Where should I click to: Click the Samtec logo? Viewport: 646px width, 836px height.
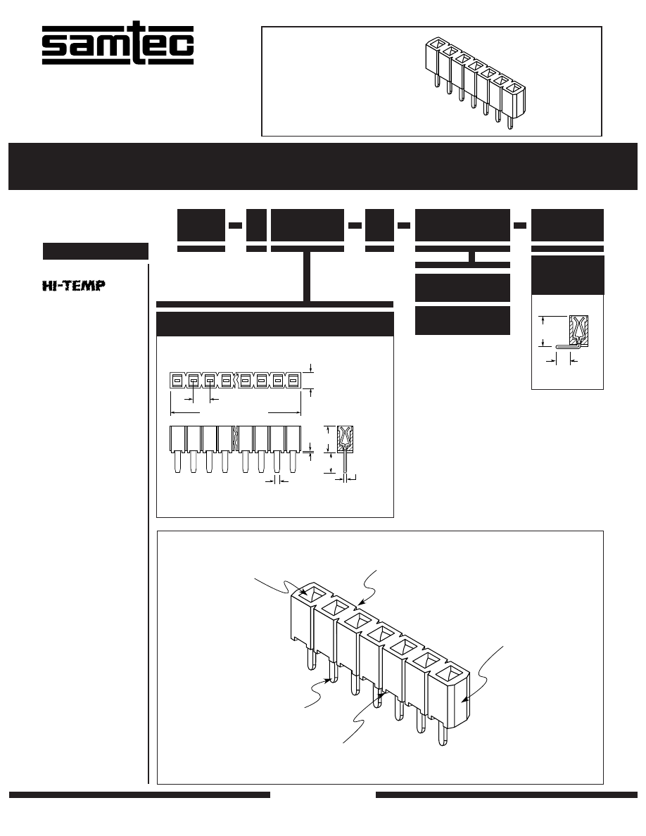[118, 43]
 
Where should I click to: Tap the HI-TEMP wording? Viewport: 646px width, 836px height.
[74, 286]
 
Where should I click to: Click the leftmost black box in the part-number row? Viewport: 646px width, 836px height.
[201, 225]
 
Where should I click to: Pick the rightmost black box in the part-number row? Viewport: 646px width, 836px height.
[568, 225]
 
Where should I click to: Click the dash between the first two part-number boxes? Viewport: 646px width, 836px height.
[235, 225]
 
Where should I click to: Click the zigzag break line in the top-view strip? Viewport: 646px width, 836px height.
[234, 380]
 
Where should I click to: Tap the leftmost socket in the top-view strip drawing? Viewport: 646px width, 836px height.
[177, 380]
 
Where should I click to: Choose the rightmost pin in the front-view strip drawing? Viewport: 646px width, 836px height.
[293, 462]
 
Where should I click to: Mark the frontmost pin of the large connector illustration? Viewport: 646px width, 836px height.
[443, 734]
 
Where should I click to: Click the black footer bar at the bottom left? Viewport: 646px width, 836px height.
[139, 794]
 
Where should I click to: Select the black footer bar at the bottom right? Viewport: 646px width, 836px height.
[507, 794]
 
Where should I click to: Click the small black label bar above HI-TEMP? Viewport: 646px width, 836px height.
[96, 251]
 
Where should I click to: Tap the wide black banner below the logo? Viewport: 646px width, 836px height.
[323, 166]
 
